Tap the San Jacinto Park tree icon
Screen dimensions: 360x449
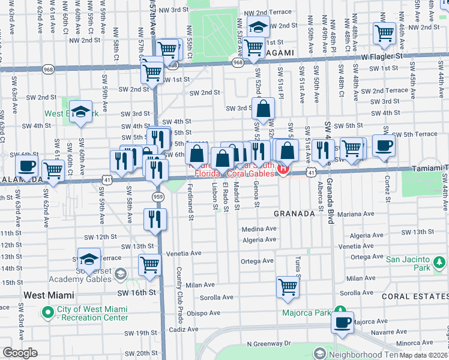pos(439,262)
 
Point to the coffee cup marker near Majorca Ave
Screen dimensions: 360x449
pos(342,323)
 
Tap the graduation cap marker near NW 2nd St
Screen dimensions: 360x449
pos(259,28)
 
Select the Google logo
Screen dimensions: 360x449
pos(20,353)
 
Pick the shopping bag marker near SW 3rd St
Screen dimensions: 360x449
pos(263,109)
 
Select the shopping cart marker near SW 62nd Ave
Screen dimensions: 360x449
pos(53,170)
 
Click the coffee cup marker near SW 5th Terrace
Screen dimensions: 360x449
pos(384,145)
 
